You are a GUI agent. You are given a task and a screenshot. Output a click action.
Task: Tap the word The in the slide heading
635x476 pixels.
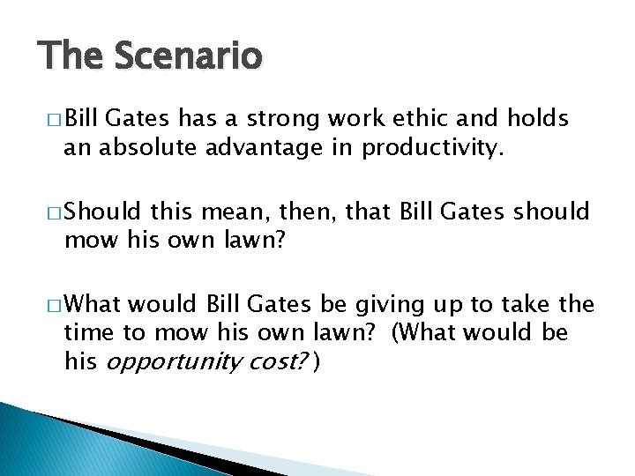click(71, 57)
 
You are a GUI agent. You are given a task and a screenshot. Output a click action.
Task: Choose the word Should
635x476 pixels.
click(103, 212)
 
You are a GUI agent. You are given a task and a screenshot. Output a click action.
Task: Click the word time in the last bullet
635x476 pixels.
click(85, 333)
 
